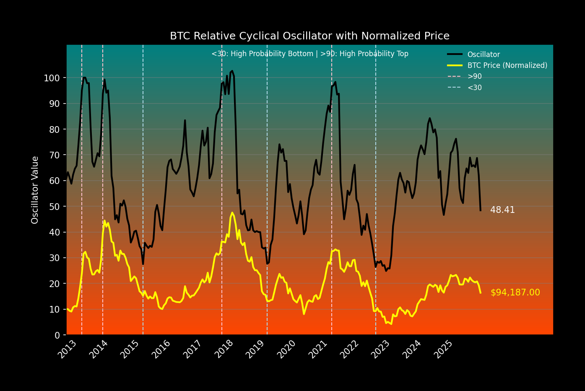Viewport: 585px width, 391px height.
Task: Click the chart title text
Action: coord(309,36)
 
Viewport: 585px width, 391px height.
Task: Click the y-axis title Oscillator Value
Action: coord(35,190)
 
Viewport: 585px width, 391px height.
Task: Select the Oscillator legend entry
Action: coord(484,54)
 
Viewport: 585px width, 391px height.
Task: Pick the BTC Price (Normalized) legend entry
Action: coord(507,65)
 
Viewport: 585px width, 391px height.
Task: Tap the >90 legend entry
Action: coord(474,76)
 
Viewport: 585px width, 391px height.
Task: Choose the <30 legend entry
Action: coord(474,88)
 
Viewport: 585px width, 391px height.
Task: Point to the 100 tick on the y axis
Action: coord(52,78)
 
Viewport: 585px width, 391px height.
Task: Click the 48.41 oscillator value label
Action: coord(502,210)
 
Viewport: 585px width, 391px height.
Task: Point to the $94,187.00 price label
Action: coord(515,293)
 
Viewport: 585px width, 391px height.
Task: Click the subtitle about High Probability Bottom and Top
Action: coord(309,54)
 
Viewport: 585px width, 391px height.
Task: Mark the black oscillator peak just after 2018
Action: coord(232,71)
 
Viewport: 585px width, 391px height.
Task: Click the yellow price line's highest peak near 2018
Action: coord(232,212)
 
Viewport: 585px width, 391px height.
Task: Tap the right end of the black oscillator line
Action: coord(480,210)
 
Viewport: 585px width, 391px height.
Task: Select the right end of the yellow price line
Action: coord(480,293)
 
